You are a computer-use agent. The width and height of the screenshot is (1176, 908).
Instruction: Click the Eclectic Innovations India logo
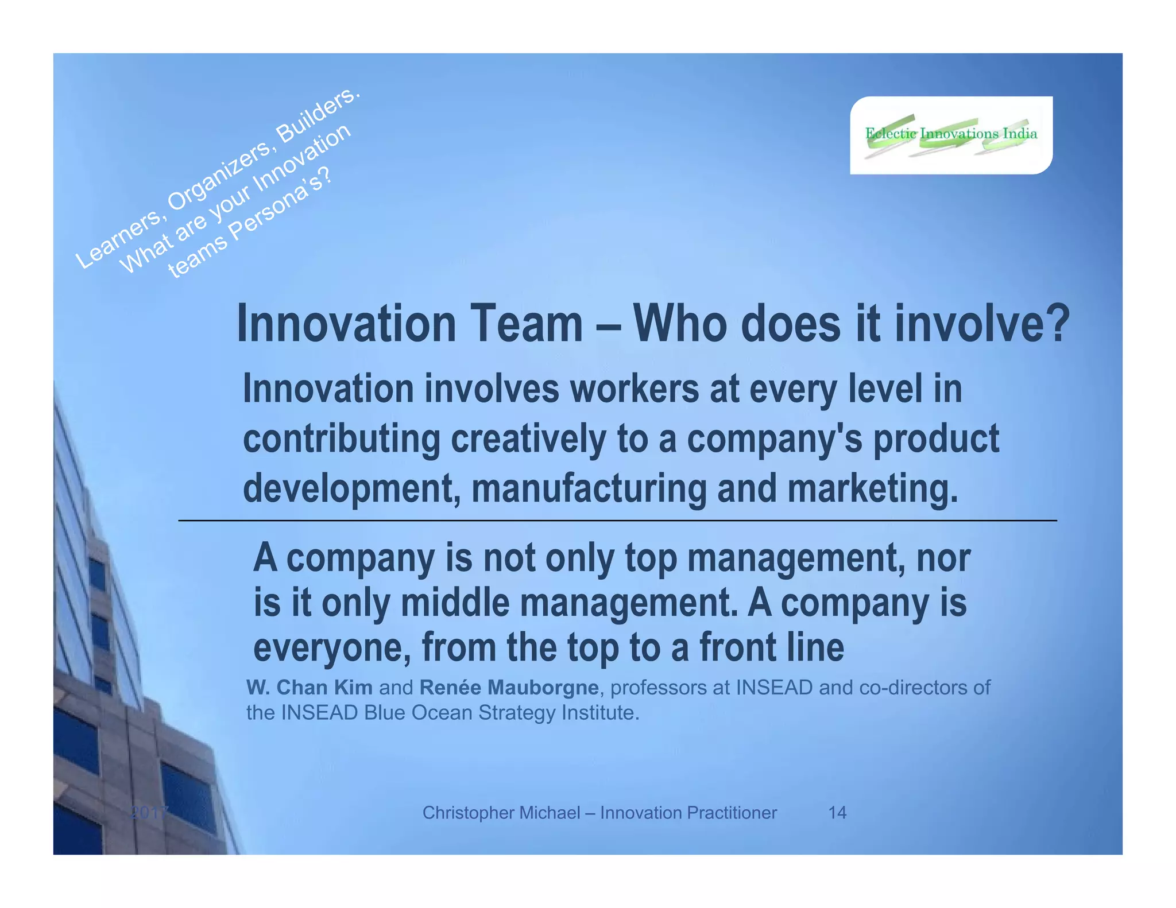951,135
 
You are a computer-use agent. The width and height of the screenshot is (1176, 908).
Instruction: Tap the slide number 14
837,812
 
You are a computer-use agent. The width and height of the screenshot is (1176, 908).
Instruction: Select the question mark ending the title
1057,324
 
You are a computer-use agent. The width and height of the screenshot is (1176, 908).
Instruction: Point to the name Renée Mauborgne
509,687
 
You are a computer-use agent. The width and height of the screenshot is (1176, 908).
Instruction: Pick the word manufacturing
589,488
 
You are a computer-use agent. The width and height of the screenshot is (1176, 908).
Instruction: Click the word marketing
873,488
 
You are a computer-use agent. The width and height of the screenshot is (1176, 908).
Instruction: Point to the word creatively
528,439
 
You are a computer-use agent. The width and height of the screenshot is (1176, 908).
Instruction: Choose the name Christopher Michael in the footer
501,812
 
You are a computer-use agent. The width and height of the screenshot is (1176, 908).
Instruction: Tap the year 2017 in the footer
149,812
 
